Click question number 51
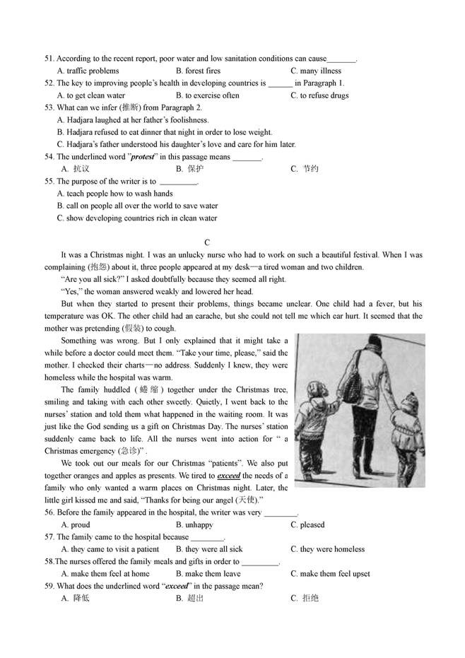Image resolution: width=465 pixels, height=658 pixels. click(x=49, y=59)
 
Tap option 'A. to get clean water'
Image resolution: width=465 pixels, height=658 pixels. click(x=91, y=95)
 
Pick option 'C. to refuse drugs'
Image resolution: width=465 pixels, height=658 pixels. click(x=319, y=95)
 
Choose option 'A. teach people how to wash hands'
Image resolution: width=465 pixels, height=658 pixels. click(x=114, y=194)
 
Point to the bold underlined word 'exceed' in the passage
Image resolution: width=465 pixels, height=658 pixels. click(x=230, y=476)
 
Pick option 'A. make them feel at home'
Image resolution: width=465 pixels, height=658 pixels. click(x=105, y=574)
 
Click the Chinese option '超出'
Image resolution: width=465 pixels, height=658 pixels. click(x=196, y=599)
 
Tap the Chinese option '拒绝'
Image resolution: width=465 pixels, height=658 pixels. click(x=310, y=599)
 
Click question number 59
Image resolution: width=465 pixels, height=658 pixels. click(x=49, y=586)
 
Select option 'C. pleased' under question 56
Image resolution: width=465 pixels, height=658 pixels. click(x=307, y=525)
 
